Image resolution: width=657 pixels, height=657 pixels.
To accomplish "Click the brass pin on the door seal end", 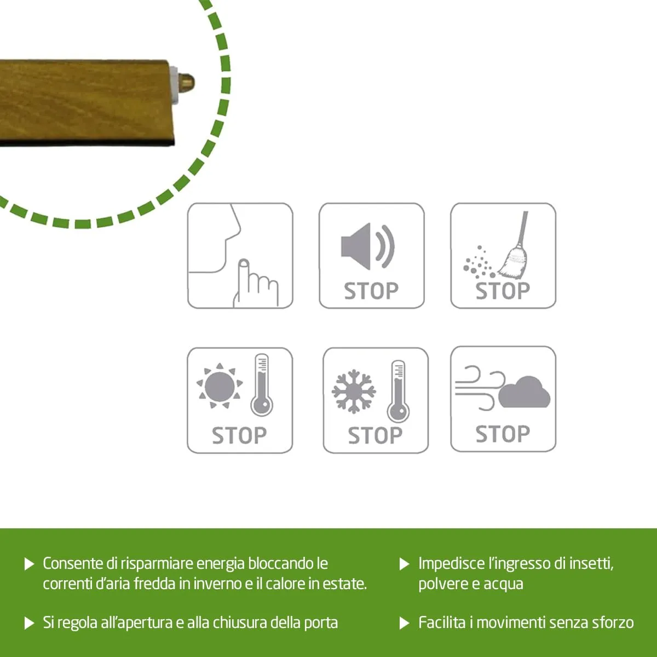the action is (x=187, y=82).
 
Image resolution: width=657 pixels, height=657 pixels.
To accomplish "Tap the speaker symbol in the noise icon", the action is (x=367, y=246).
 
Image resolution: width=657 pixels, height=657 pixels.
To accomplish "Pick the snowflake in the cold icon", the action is (x=354, y=391).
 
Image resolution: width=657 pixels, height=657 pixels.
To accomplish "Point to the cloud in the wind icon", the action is (x=524, y=392).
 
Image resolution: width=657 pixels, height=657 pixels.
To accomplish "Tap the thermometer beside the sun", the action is (x=262, y=384).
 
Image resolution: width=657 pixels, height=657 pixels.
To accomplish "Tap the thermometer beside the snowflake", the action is (x=398, y=391).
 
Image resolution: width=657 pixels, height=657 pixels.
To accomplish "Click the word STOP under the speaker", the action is (x=371, y=291).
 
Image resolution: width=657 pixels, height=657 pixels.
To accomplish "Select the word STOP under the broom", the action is (x=503, y=291).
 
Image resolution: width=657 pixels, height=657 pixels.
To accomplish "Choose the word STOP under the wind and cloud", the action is (x=503, y=434).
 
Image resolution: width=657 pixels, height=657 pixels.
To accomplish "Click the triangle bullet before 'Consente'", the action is (x=30, y=564).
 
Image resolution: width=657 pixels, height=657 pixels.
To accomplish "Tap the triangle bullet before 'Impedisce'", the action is (x=404, y=564).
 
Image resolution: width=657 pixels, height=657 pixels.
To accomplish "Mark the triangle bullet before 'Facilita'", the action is (x=404, y=623).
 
